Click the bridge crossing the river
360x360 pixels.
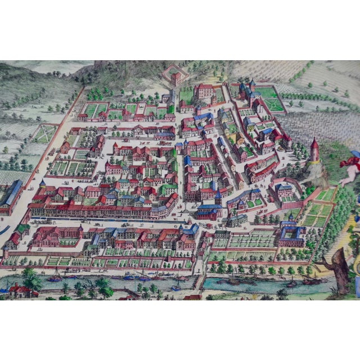(199, 281)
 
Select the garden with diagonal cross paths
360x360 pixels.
(44, 133)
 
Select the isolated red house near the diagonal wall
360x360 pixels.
(65, 147)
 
